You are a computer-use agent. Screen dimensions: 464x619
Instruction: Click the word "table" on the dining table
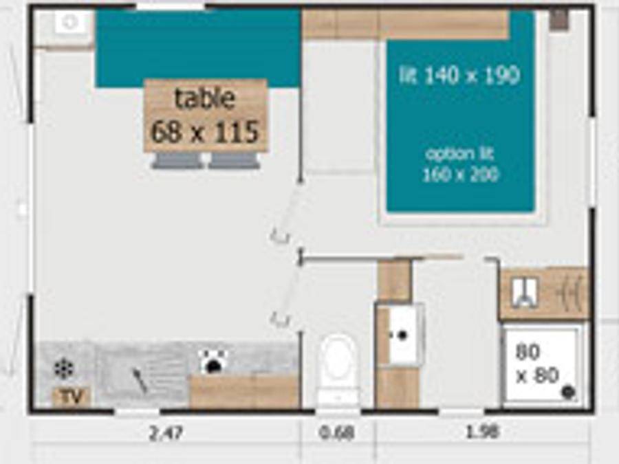tap(205, 99)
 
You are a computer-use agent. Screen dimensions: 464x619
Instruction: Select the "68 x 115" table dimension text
tap(205, 131)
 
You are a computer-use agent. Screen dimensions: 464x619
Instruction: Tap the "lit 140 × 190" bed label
tap(459, 76)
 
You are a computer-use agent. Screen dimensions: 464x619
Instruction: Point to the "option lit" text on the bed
tap(459, 153)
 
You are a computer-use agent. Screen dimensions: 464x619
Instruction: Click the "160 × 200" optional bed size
tap(459, 175)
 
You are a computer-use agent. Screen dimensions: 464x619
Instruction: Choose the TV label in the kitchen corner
tap(72, 397)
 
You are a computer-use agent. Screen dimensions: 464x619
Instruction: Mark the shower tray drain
tap(568, 392)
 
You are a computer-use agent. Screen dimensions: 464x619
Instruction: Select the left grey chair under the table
tap(177, 161)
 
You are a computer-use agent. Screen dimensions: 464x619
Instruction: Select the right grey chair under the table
tap(234, 161)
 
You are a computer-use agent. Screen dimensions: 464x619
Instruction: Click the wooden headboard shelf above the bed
tap(406, 25)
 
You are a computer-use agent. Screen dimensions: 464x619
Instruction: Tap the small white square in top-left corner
tap(69, 23)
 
